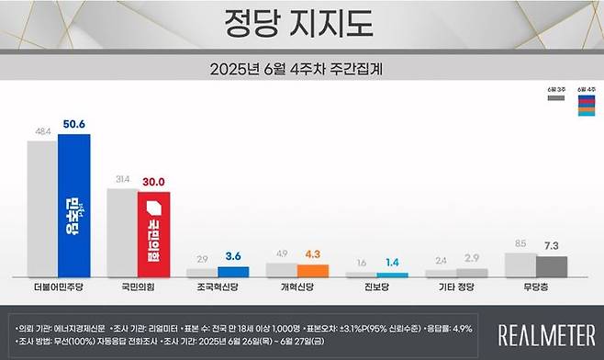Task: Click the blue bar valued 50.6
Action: coord(74,207)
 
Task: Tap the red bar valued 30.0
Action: coord(153,235)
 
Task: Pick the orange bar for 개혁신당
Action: coord(312,272)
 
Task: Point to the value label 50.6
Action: coord(74,125)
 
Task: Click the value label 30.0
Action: coord(154,182)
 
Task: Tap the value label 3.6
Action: coord(234,256)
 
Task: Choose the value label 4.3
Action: coord(313,254)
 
